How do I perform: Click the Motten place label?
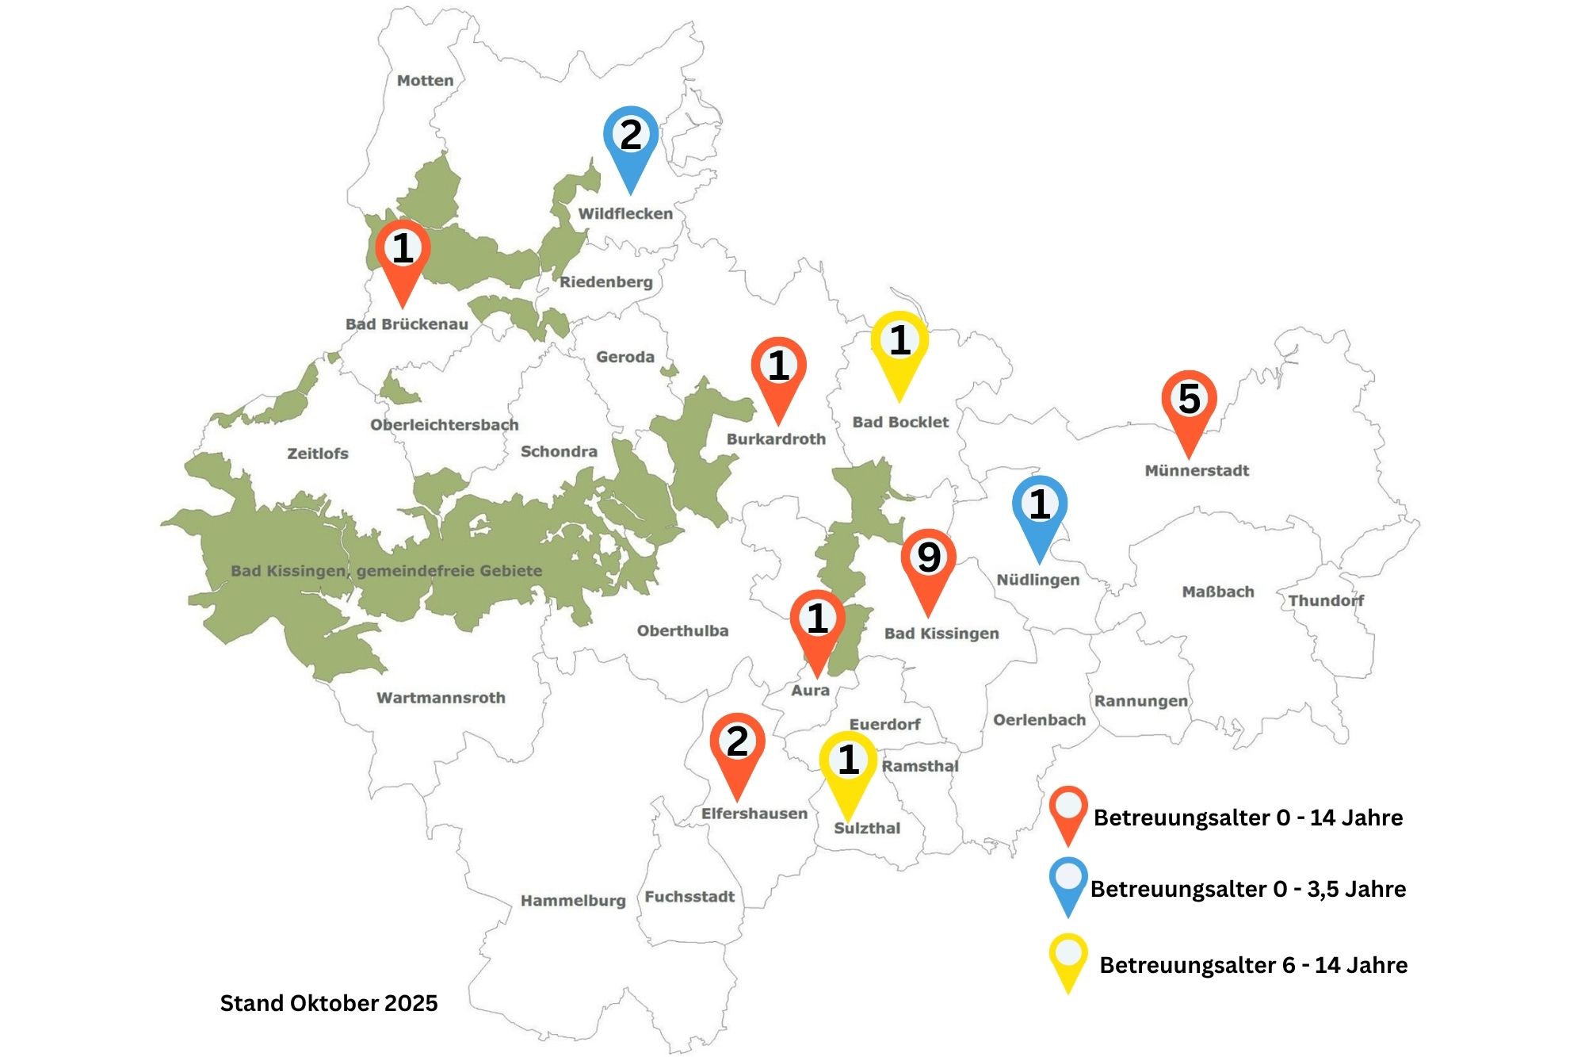tap(426, 81)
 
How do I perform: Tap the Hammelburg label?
tap(573, 901)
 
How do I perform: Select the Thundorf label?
tap(1326, 600)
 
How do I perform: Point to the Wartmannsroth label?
tap(441, 698)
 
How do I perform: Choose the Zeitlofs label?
tap(318, 454)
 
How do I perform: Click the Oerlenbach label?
tap(1039, 720)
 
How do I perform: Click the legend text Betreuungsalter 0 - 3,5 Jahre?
tap(1247, 889)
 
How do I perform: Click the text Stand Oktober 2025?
tap(329, 1003)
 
